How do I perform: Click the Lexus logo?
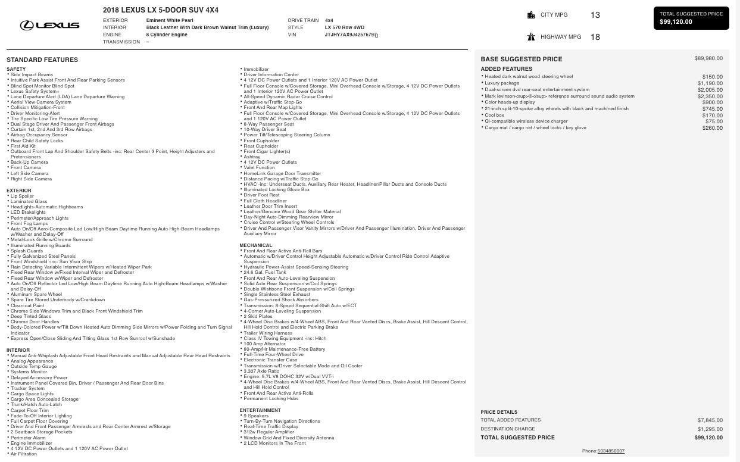click(x=49, y=25)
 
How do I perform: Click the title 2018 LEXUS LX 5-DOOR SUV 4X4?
click(x=160, y=10)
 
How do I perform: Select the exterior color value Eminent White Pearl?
click(x=170, y=20)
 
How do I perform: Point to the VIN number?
click(x=350, y=35)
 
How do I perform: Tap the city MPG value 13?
click(x=595, y=15)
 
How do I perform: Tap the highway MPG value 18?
click(x=595, y=37)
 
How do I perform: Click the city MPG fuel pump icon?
click(x=531, y=15)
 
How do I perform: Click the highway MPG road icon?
click(x=531, y=37)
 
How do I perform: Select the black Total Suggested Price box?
click(x=691, y=18)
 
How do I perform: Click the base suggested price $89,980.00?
click(x=708, y=58)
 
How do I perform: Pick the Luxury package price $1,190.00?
click(x=710, y=83)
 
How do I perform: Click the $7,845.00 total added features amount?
click(x=710, y=420)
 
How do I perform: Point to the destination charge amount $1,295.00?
click(x=710, y=429)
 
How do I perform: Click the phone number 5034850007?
click(x=611, y=451)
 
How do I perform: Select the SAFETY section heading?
click(x=16, y=69)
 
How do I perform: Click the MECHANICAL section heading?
click(x=255, y=245)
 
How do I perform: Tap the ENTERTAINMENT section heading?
click(x=260, y=410)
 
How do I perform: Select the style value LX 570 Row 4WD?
click(x=344, y=27)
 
